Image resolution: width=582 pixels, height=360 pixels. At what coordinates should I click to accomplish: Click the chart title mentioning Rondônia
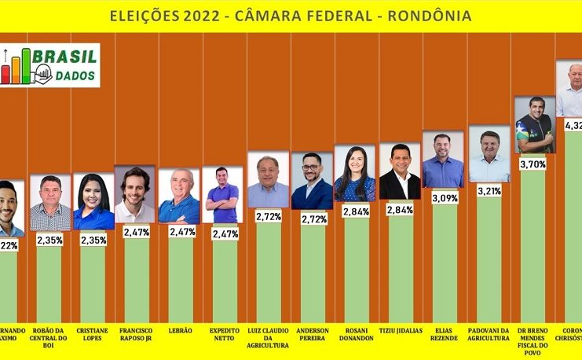pos(291,15)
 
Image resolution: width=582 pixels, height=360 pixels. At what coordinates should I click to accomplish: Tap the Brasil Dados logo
pos(50,65)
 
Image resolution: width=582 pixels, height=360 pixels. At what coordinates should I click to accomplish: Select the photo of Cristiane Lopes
pos(93,201)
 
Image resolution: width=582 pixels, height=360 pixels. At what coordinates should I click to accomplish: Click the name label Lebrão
pos(180,331)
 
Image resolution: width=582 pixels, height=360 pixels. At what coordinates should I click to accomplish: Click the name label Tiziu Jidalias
pos(400,331)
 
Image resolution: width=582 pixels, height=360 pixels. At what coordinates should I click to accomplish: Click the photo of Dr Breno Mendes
pos(534,124)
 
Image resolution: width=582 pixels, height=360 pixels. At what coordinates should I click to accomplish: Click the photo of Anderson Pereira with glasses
pos(312,181)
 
